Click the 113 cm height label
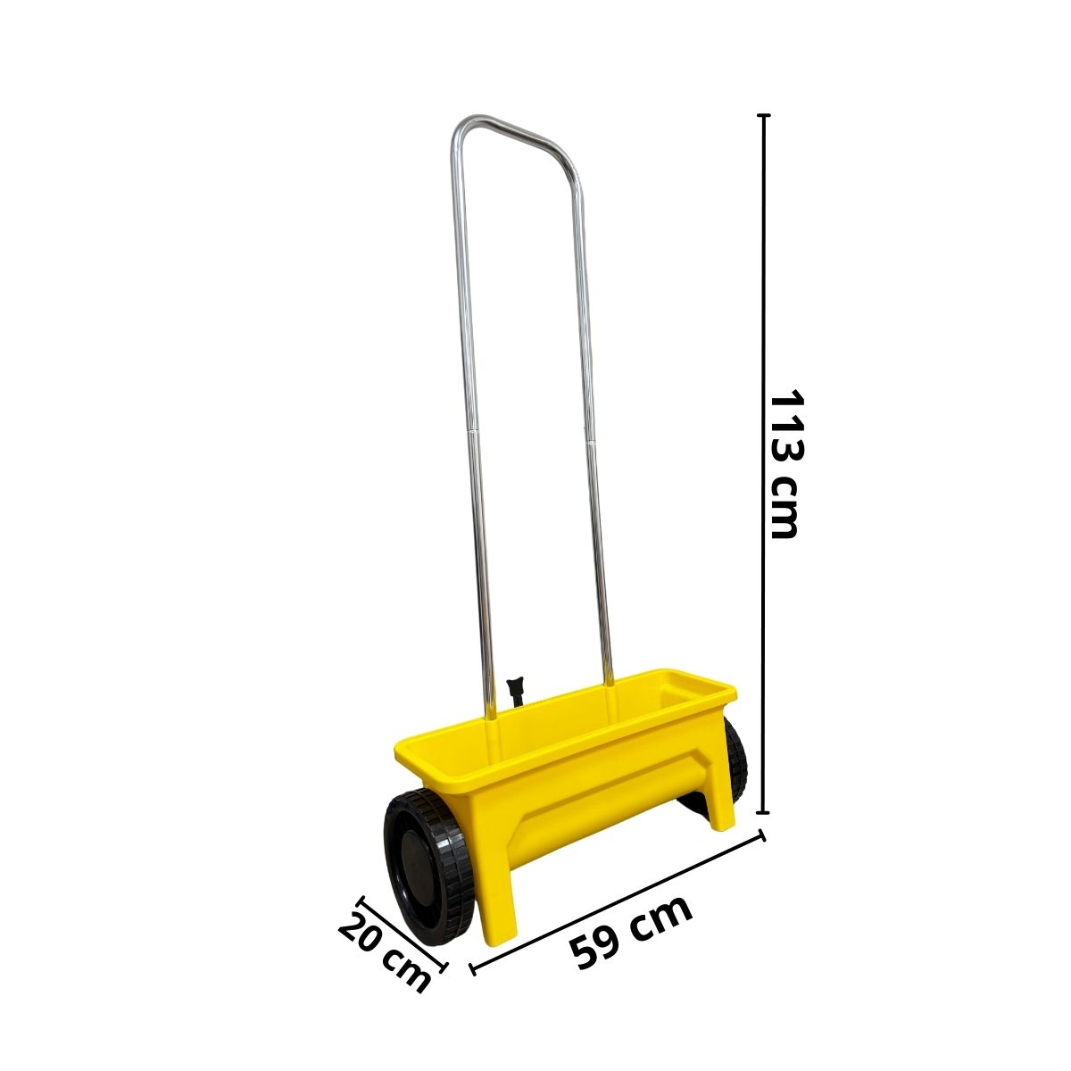(x=785, y=465)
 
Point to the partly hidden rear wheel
(x=735, y=761)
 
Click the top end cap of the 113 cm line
(x=764, y=115)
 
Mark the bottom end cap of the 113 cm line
(x=764, y=813)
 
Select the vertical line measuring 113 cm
(x=764, y=464)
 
